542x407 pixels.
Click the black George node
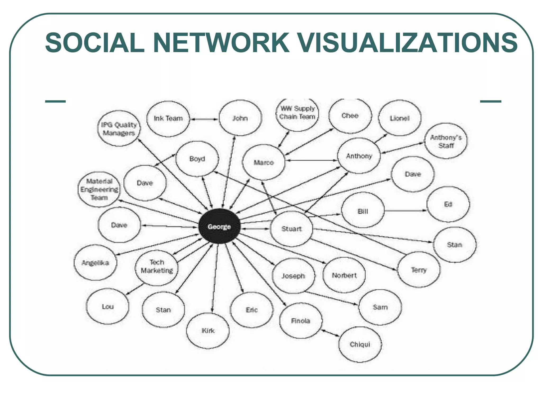click(219, 226)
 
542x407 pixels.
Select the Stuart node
click(291, 229)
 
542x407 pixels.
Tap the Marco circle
click(264, 162)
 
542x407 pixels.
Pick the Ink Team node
click(168, 118)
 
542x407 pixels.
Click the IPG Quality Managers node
click(119, 129)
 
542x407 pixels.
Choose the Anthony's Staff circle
click(446, 141)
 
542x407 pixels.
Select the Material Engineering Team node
click(99, 189)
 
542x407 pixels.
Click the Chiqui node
click(360, 344)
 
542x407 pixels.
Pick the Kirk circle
click(208, 330)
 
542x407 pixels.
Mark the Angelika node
click(95, 263)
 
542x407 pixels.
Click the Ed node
click(448, 204)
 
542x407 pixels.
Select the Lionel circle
click(400, 118)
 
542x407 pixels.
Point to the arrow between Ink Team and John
click(204, 119)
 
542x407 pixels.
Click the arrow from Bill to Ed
click(405, 211)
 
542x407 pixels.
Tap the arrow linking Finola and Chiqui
click(330, 333)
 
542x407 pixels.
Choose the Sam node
click(380, 307)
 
